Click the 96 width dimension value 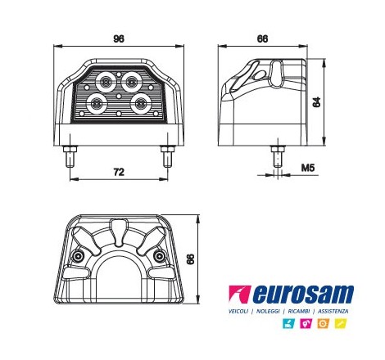point(119,38)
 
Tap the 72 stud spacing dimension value point(119,172)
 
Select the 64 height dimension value point(316,102)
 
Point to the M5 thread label point(308,168)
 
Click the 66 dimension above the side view point(262,38)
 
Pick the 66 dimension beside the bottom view point(190,259)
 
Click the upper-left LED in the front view point(106,81)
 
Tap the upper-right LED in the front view point(132,81)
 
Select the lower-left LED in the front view point(97,103)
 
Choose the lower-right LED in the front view point(140,103)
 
